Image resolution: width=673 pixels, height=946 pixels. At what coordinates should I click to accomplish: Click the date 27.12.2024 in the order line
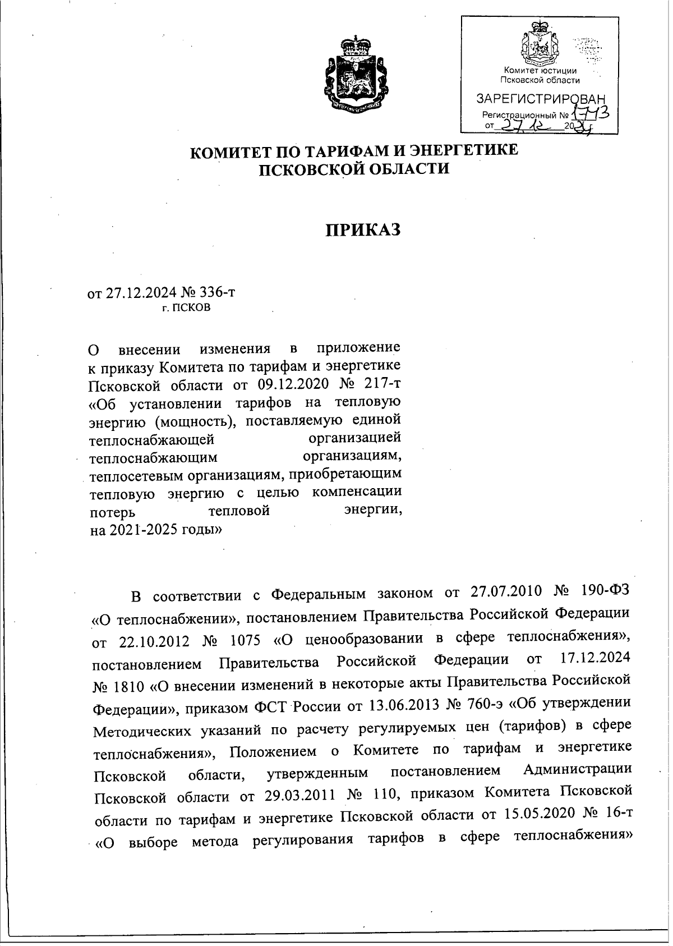[140, 292]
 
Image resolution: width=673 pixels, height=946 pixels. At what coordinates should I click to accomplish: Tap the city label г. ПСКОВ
[186, 308]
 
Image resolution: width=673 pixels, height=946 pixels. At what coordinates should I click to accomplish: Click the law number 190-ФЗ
[607, 593]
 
